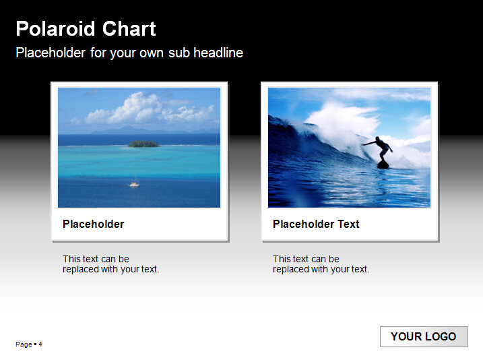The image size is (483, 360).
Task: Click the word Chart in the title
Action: pos(129,29)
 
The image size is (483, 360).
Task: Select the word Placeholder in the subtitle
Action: pos(51,53)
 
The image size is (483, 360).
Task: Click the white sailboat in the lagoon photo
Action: pos(135,182)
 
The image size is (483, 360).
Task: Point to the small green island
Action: pos(144,144)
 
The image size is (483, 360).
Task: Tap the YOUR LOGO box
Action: pos(424,336)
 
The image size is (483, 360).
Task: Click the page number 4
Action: pos(40,344)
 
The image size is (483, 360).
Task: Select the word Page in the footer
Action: pos(24,344)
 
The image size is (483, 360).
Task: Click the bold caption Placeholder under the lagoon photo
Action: pos(94,224)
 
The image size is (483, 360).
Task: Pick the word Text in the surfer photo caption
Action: pos(348,224)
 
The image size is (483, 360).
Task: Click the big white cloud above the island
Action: pos(135,108)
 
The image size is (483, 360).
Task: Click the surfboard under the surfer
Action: pos(383,164)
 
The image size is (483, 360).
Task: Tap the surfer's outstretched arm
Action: pos(369,144)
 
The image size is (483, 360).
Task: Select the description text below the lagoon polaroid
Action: pos(111,264)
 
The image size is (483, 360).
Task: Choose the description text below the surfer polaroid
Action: pos(321,264)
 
